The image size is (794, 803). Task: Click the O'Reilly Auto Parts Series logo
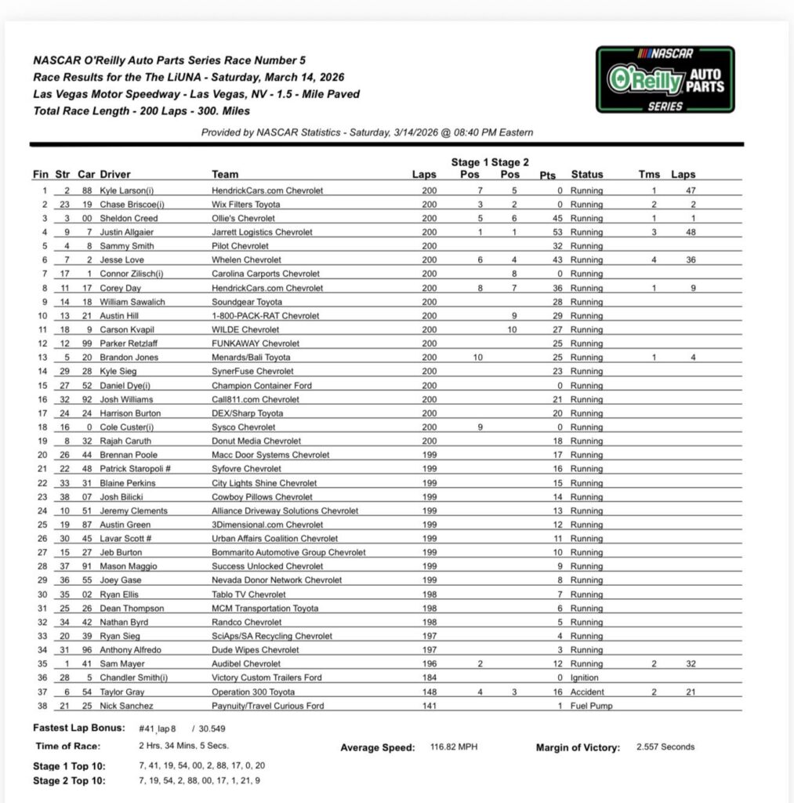coord(665,79)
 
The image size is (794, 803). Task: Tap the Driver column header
coord(115,174)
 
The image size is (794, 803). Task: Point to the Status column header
coord(586,174)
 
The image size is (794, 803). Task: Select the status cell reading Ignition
coord(585,678)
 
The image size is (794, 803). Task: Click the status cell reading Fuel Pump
coord(591,706)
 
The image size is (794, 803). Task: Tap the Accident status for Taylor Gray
coord(587,692)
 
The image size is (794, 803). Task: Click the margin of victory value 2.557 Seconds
coord(665,747)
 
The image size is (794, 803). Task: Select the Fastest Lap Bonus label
coord(73,728)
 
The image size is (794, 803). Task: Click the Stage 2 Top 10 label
coord(70,780)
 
